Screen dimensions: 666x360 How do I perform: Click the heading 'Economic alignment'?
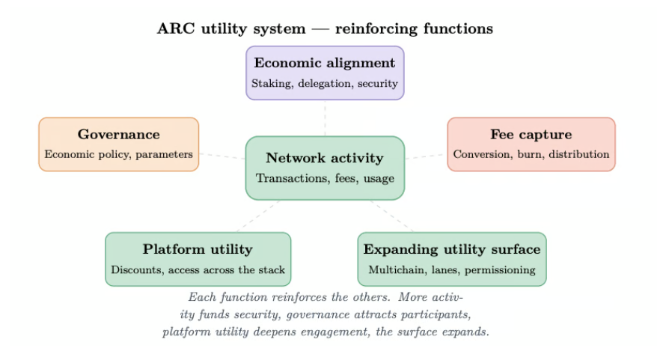tap(325, 63)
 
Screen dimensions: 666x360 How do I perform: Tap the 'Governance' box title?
tap(118, 134)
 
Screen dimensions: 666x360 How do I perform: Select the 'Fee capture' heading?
tap(531, 134)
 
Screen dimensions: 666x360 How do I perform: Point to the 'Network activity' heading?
tap(325, 158)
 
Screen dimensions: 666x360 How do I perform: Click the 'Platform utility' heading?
tap(198, 249)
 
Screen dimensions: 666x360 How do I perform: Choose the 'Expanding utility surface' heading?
tap(452, 249)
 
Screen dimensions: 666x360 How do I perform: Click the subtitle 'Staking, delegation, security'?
tap(325, 83)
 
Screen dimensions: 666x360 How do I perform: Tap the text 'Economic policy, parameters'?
tap(118, 154)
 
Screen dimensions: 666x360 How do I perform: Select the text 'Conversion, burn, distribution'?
tap(531, 154)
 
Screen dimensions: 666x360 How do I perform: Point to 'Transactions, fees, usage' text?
tap(325, 178)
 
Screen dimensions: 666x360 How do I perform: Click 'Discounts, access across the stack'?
tap(198, 270)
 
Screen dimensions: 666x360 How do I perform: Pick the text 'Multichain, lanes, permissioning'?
tap(452, 270)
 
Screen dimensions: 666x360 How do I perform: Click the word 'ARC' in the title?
tap(176, 29)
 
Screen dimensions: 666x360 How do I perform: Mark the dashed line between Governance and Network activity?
tap(222, 156)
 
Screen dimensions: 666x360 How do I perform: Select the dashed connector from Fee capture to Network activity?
tap(426, 156)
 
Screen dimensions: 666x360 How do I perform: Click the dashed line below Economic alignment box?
tap(325, 118)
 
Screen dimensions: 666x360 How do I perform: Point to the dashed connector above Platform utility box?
tap(258, 216)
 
